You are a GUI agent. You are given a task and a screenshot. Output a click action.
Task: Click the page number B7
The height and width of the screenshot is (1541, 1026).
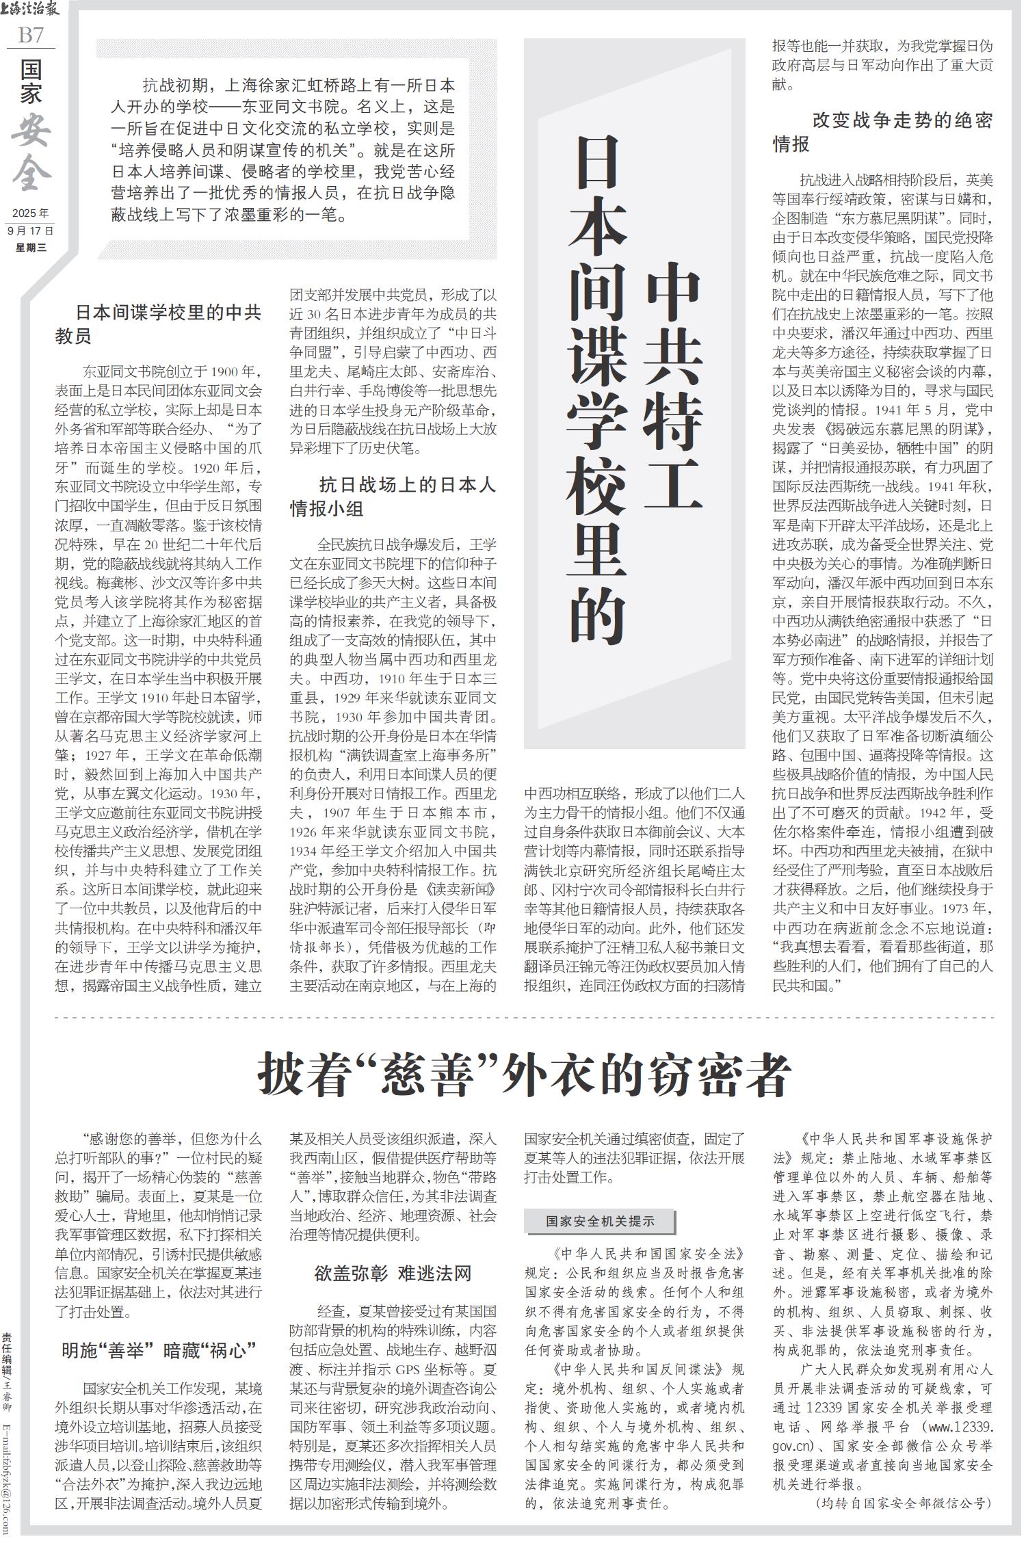(x=31, y=34)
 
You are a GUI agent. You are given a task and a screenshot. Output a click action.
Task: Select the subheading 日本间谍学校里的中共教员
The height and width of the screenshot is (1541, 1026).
(x=159, y=324)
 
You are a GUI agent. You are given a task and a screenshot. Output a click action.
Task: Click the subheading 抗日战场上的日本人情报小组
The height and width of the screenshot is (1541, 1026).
(x=393, y=497)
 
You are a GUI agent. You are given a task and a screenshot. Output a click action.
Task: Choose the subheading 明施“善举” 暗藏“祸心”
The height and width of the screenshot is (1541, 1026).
(x=159, y=1350)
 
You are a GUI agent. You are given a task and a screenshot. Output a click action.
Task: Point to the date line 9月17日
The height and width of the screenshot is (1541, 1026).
(x=31, y=231)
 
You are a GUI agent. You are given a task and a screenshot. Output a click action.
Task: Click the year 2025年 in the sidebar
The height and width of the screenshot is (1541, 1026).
(x=31, y=213)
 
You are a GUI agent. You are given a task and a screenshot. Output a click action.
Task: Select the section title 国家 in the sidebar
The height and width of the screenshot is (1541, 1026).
(x=31, y=81)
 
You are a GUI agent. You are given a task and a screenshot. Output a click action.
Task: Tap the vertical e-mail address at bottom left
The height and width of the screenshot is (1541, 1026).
(x=8, y=1481)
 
